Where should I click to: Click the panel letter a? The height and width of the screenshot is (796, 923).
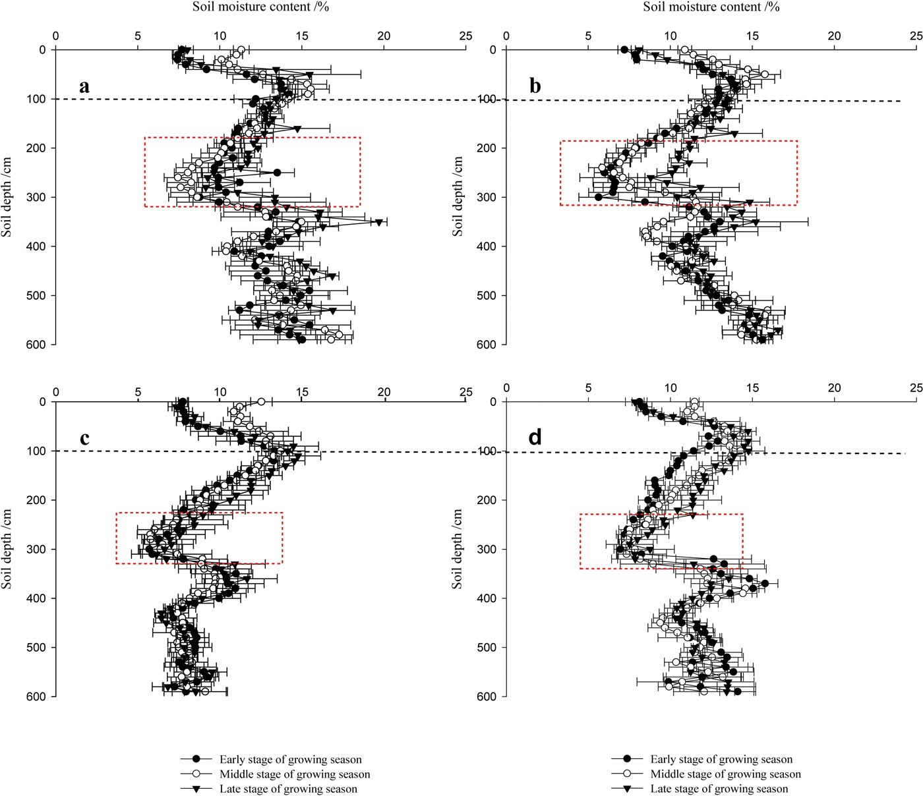84,86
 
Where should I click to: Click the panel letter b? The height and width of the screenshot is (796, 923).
535,86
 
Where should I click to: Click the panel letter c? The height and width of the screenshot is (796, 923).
84,438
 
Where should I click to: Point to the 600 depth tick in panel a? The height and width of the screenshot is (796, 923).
36,345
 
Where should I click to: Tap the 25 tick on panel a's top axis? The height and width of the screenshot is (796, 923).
465,36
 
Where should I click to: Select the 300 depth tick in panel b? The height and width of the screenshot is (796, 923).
487,197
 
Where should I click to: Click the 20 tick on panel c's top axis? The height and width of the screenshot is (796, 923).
384,392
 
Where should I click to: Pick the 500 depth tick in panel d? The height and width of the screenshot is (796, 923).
487,648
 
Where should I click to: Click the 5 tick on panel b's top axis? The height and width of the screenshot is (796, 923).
588,36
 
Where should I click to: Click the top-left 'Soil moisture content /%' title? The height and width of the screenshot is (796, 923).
260,7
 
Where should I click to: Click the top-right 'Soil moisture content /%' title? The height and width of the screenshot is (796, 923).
711,7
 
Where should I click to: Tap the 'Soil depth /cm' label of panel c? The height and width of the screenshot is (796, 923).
7,549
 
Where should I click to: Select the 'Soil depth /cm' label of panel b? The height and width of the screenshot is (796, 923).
458,197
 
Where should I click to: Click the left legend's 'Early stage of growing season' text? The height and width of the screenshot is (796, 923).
291,760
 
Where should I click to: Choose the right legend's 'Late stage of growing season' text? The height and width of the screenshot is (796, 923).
719,789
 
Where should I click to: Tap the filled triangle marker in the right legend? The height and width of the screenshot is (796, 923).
627,789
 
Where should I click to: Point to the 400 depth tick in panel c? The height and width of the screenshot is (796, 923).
36,598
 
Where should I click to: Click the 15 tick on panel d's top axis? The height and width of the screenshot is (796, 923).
752,388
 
